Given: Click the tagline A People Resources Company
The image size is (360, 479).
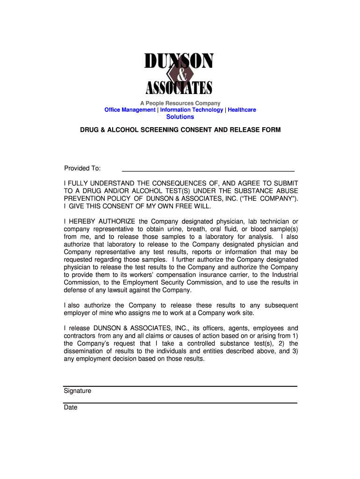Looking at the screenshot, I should pos(180,103).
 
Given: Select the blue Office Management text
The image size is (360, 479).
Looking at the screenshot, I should pos(130,110).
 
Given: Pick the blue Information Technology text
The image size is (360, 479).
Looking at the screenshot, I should pos(192,110).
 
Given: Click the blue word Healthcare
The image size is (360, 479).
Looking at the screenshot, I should pos(242,110).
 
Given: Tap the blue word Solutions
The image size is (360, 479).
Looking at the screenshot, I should pos(180,117).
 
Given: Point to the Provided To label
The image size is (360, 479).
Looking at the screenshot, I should pos(82,168).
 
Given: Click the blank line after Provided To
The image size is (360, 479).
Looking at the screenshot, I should pos(208,169).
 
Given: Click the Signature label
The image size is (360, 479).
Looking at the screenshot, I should pos(78,391).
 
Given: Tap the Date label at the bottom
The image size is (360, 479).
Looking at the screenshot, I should pos(71,407).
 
